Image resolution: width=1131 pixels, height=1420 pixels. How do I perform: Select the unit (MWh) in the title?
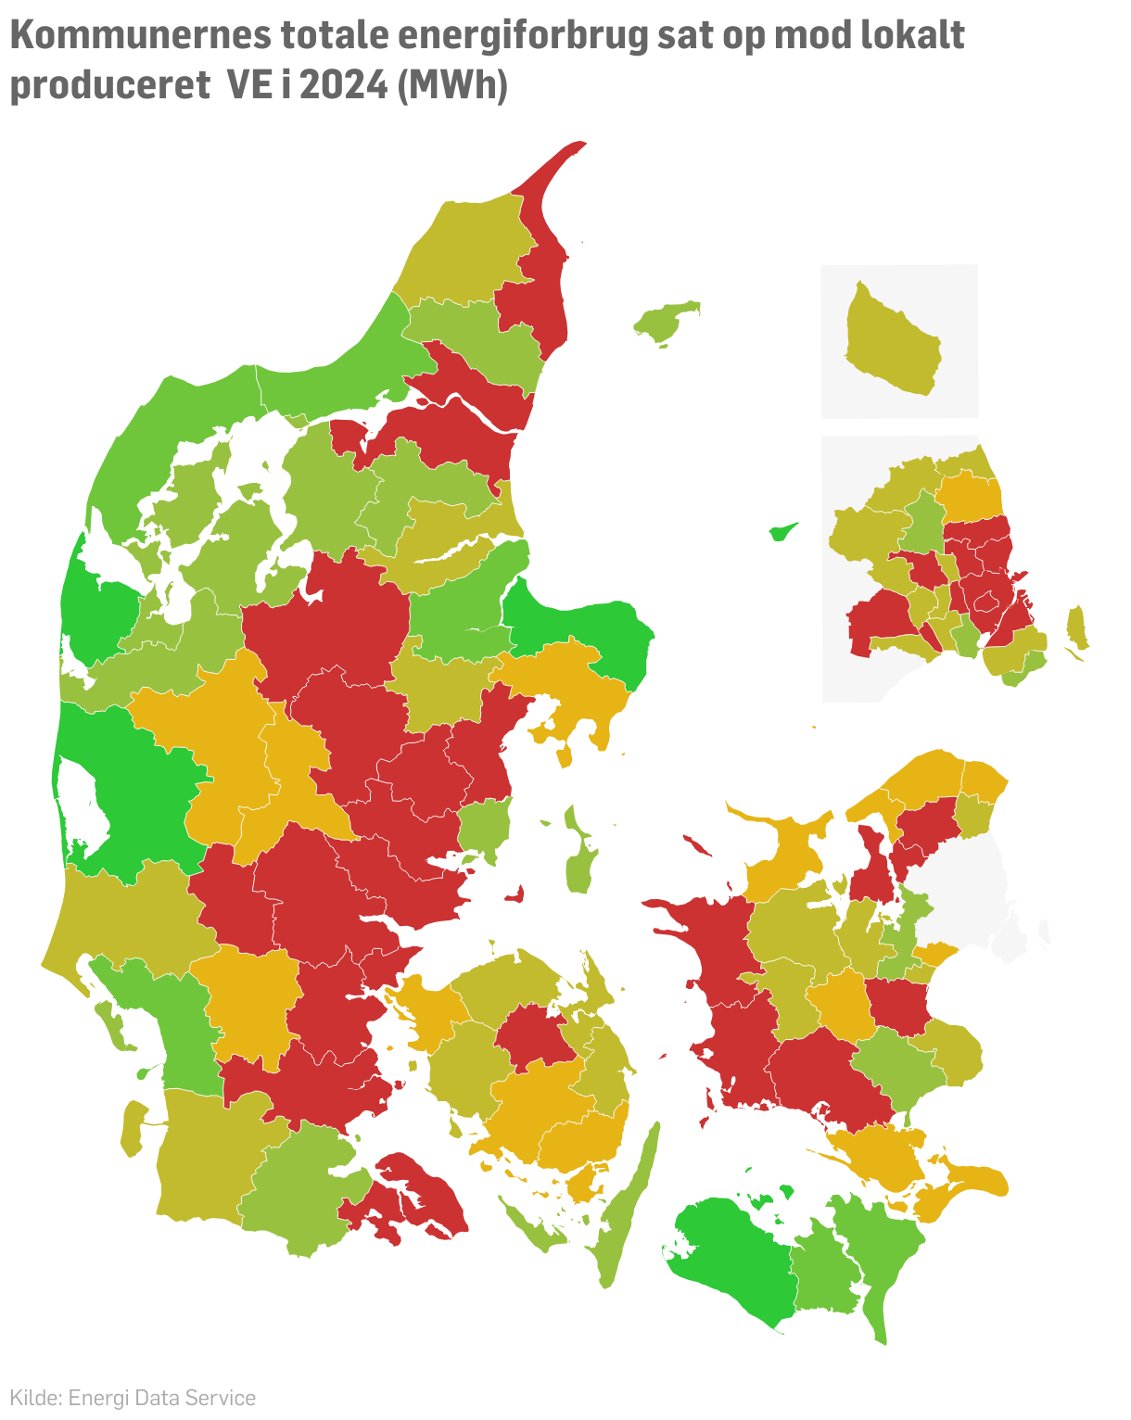coord(451,85)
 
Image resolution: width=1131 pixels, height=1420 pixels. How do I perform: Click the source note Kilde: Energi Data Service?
coord(133,1398)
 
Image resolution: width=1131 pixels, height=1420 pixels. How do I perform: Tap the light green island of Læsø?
coord(666,322)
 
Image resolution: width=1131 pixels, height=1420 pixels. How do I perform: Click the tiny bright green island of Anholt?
coord(783,532)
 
